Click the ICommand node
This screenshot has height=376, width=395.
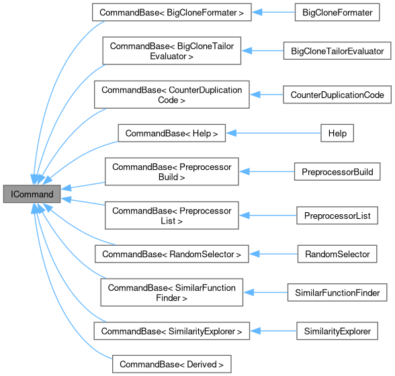coord(32,194)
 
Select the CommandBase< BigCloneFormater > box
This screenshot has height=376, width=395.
coord(171,12)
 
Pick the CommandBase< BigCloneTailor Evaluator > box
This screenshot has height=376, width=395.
coord(171,51)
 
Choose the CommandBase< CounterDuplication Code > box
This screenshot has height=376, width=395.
coord(171,95)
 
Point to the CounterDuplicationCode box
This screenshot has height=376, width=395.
coord(337,95)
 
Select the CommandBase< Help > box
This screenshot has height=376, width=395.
coord(171,133)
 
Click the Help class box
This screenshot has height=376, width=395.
coord(337,133)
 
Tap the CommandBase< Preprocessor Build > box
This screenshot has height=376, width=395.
coord(171,171)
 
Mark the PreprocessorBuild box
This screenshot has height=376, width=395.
coord(338,171)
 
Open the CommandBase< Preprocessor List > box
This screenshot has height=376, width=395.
coord(171,215)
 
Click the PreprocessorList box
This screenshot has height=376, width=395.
coord(337,215)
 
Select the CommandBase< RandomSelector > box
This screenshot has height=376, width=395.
coord(172,254)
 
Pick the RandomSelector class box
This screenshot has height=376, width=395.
coord(337,254)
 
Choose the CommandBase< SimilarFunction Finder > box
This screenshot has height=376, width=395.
coord(171,292)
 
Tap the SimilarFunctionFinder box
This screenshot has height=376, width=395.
coord(337,292)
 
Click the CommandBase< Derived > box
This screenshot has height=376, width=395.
coord(171,364)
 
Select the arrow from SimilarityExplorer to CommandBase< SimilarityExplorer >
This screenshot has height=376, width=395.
coord(273,331)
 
